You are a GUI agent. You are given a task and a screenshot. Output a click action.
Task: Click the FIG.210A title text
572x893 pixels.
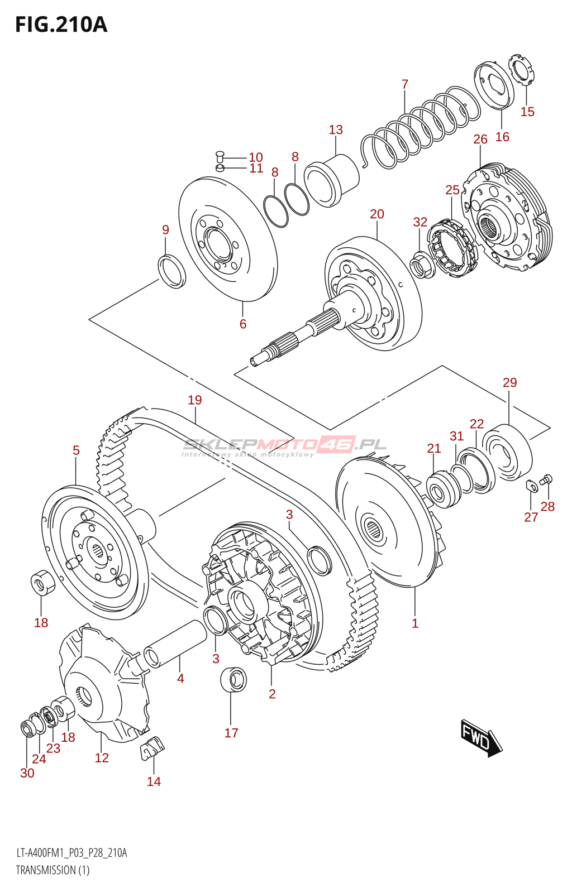point(61,25)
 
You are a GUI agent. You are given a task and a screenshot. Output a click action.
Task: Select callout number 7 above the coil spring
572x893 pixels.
point(405,84)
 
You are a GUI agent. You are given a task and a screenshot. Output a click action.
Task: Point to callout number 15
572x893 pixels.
point(527,112)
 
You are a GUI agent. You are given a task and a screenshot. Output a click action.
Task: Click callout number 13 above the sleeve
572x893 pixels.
point(336,129)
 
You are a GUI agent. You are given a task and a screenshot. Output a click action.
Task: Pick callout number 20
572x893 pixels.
point(377,214)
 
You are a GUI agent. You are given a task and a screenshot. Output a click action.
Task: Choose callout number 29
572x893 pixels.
point(509,382)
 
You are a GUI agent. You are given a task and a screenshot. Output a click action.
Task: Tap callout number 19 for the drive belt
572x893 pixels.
point(195,400)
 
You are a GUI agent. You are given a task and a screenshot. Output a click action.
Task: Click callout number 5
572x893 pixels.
point(76,450)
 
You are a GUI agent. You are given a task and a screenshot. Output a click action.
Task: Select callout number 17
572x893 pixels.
point(231,733)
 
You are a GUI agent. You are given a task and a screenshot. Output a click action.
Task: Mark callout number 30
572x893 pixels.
point(27,773)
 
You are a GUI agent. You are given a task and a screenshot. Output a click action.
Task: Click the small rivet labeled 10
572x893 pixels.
point(220,156)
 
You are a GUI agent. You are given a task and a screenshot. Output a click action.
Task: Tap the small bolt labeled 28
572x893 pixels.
point(547,479)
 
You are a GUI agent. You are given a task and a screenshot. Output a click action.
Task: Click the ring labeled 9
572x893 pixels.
point(173,271)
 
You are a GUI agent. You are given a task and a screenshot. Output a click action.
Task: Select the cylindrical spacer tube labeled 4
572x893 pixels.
point(175,644)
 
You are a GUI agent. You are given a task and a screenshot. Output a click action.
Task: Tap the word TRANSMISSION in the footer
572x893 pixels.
point(46,870)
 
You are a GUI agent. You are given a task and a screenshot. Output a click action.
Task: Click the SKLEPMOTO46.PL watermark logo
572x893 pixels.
point(285,445)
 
